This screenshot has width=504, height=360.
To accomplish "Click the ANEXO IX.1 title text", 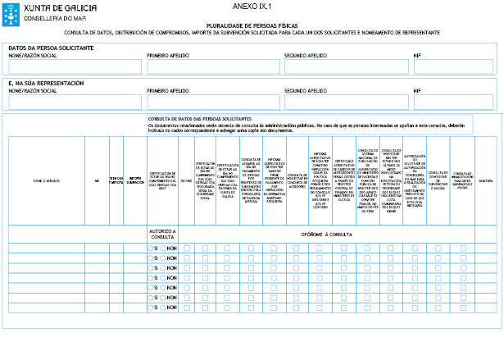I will (x=252, y=6).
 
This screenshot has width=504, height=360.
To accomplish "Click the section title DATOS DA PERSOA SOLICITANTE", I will (x=51, y=48).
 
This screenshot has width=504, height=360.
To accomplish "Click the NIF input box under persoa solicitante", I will (x=453, y=66).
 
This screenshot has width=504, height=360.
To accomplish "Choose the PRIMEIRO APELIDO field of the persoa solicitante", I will (x=211, y=66).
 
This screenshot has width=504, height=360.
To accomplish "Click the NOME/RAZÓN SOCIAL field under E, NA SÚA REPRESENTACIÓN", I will (x=75, y=102).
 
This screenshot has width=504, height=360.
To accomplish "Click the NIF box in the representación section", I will (x=453, y=102).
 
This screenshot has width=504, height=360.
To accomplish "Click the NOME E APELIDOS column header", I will (x=46, y=180).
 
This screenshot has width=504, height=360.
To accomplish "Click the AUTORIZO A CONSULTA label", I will (x=162, y=234).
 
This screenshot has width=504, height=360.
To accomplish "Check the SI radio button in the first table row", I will (x=151, y=248).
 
